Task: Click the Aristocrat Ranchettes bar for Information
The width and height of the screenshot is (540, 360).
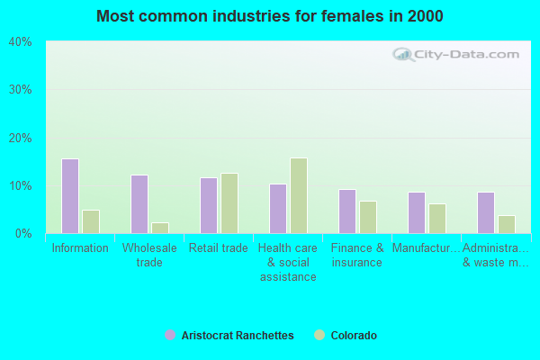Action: (x=70, y=196)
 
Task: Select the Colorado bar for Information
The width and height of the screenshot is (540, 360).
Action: (x=91, y=221)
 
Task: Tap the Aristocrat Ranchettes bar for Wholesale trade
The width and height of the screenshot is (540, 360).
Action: (x=139, y=204)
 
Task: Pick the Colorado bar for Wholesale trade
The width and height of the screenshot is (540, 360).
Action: (x=160, y=228)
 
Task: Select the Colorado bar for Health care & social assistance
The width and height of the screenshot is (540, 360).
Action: (x=299, y=196)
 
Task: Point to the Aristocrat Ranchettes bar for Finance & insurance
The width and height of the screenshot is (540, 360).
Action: (x=347, y=211)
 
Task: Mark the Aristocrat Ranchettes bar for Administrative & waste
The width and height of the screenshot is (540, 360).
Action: (x=486, y=212)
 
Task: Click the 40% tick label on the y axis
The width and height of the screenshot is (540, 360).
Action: (x=20, y=42)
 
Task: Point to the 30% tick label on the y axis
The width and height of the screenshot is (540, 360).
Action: (x=20, y=90)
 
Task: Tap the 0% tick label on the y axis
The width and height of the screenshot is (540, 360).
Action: (x=22, y=234)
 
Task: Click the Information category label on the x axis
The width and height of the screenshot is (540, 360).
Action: (x=80, y=248)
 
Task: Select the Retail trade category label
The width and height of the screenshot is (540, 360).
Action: (x=219, y=248)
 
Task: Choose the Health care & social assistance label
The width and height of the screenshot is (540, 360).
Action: (x=288, y=262)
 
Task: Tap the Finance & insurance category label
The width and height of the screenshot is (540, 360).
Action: (x=357, y=255)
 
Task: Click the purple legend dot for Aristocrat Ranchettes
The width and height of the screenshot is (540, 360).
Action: (x=170, y=336)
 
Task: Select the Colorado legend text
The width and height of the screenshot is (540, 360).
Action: (x=354, y=336)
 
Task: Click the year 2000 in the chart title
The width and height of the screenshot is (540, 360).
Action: (x=424, y=16)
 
